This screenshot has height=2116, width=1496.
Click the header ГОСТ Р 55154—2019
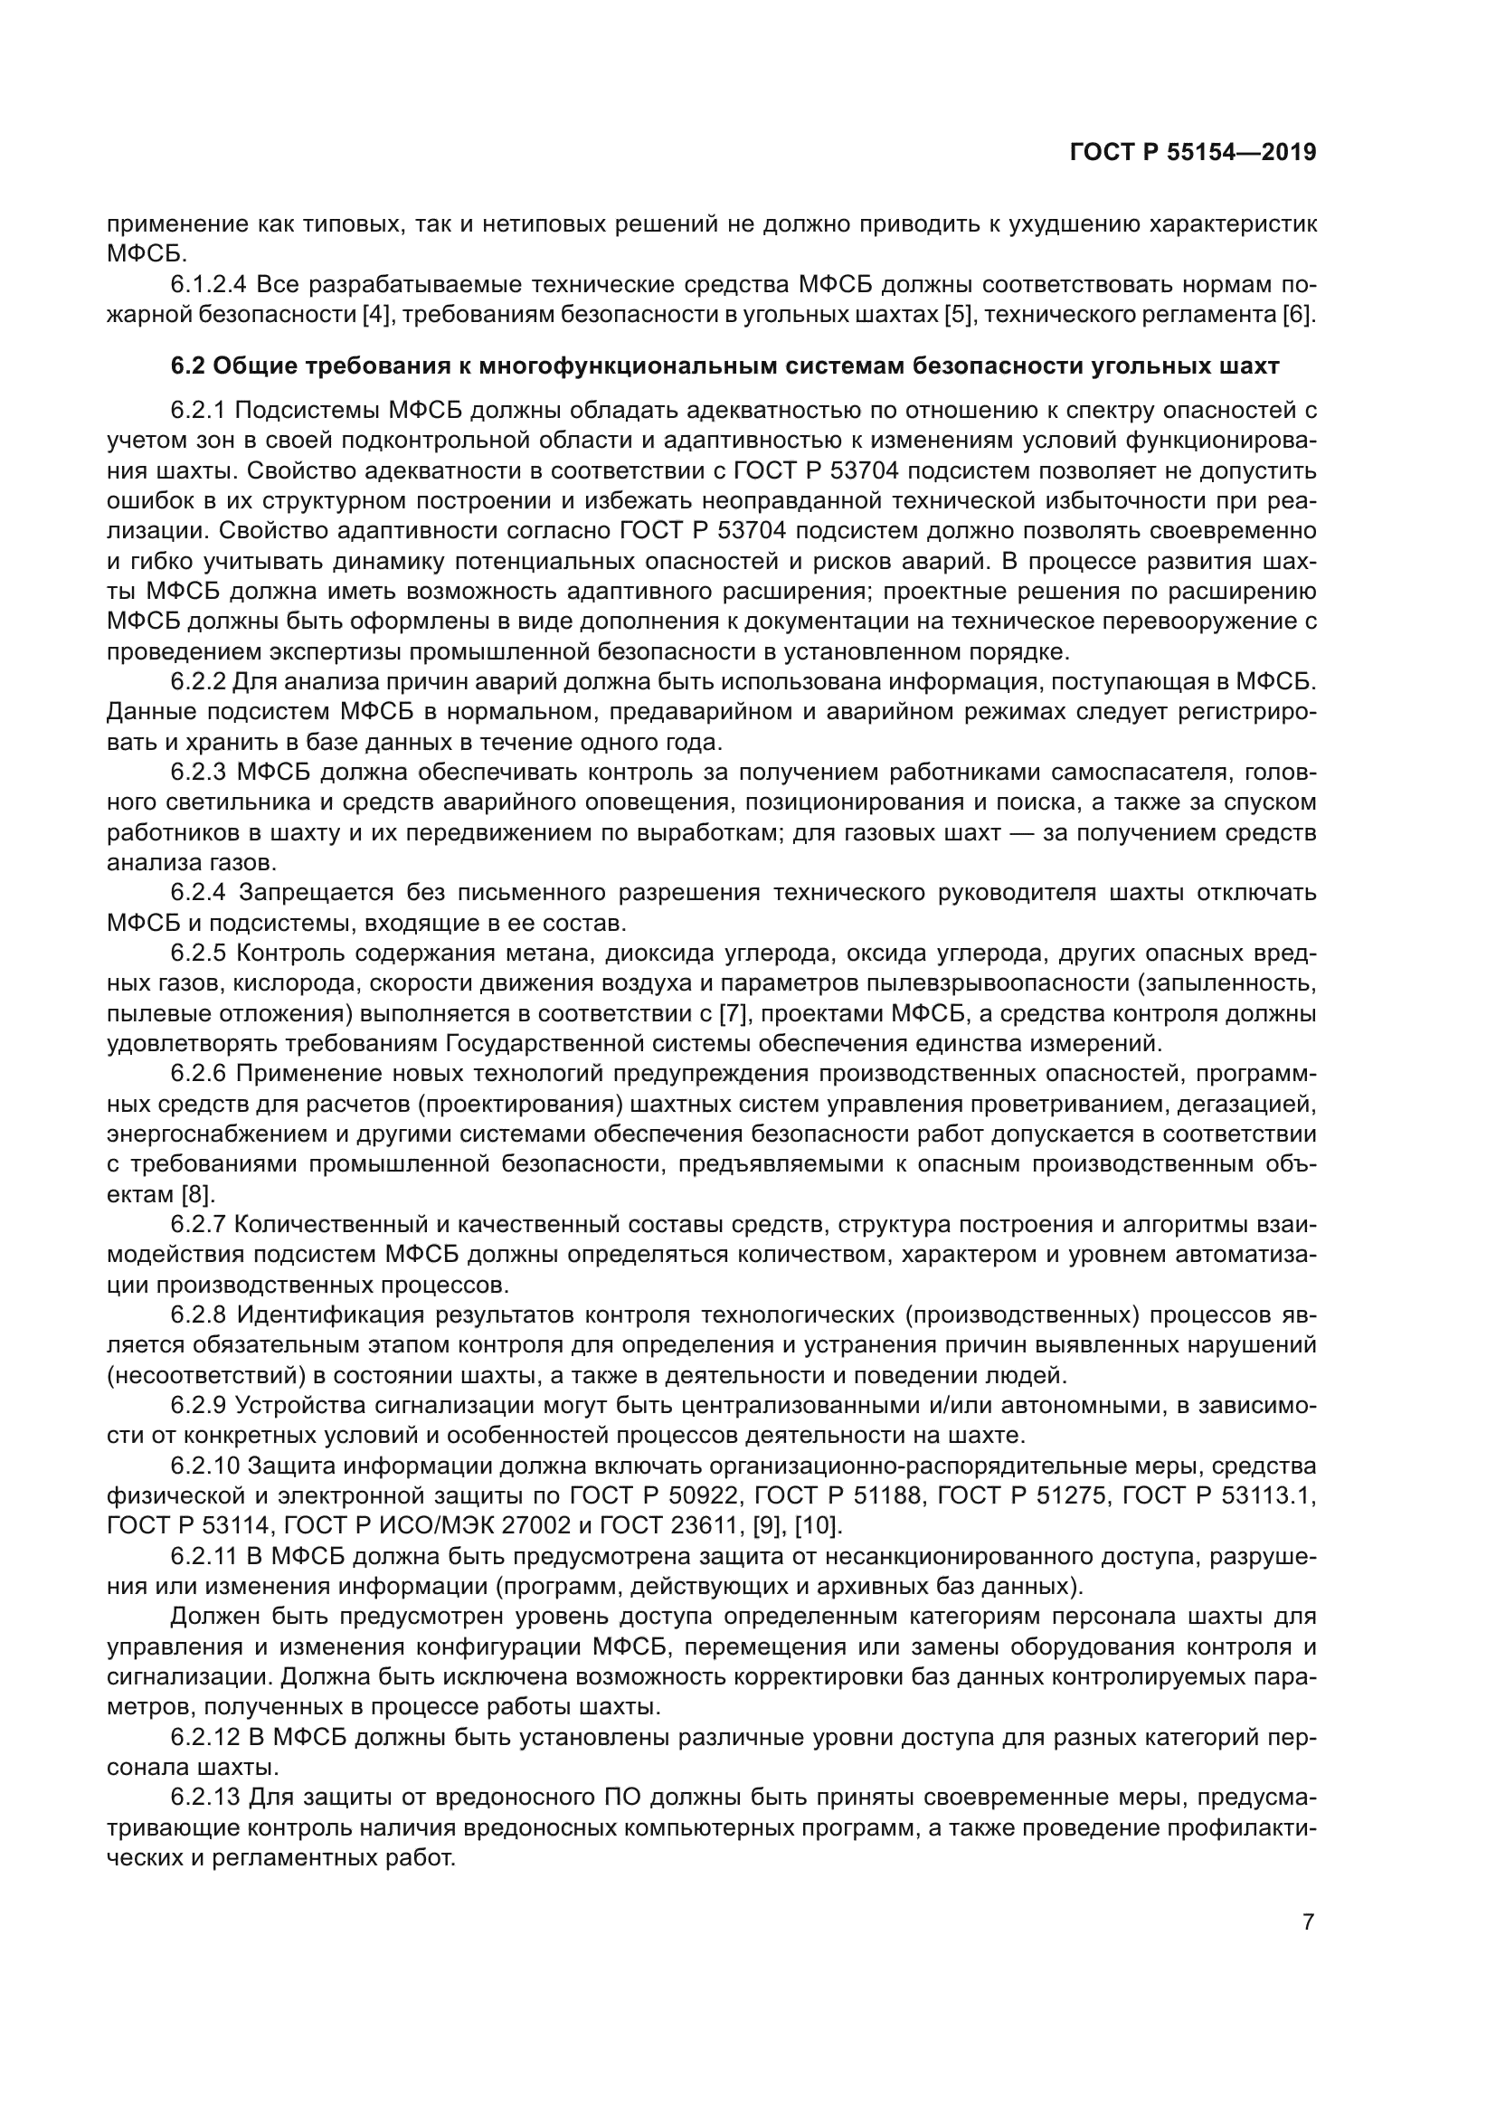(1193, 153)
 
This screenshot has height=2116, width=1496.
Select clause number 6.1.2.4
(208, 285)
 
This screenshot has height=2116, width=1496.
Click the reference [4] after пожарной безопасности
(375, 315)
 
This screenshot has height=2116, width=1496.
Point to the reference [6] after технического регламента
(1297, 315)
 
